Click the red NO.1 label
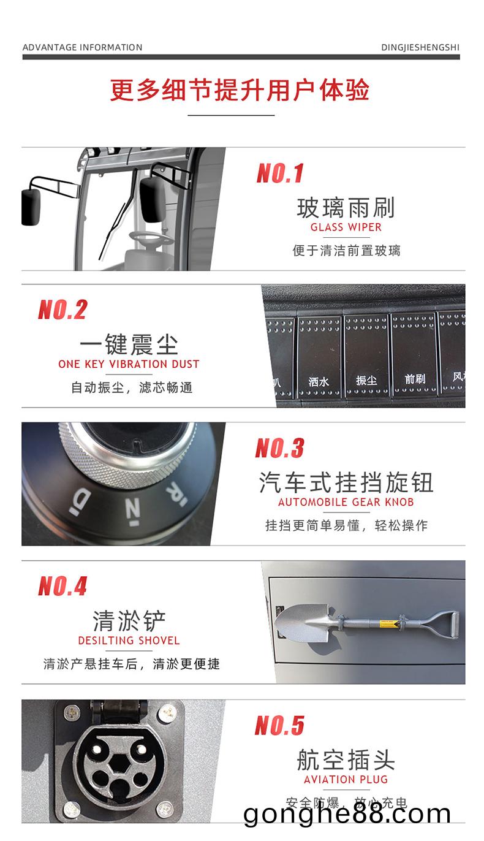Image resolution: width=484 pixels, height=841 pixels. point(280,173)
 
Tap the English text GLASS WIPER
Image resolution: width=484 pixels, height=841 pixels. point(346,227)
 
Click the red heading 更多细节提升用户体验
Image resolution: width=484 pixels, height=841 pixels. point(240,90)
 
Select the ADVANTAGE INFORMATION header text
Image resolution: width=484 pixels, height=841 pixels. point(82,47)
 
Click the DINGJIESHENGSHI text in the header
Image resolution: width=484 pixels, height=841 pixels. point(420,47)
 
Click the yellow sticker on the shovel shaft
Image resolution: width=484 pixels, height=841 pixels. point(388,625)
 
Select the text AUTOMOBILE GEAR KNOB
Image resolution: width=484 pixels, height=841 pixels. point(346,502)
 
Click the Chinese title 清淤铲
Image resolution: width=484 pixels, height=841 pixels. point(129,620)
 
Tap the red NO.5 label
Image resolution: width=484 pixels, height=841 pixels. point(279,726)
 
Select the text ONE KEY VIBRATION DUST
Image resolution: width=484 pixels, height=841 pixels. point(129,364)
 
